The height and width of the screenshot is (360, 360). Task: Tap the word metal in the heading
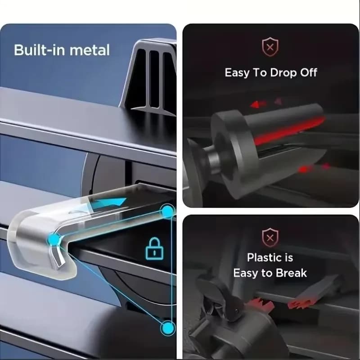coord(90,50)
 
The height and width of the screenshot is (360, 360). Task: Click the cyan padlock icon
coord(154,249)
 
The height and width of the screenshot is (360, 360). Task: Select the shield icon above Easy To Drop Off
coord(270,47)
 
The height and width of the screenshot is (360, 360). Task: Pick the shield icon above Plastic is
coord(270,238)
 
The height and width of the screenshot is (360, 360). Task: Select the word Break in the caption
coord(291,273)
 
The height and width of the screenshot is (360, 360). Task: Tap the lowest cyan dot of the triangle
coord(168,328)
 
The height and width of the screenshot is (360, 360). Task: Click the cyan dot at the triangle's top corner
coord(167,211)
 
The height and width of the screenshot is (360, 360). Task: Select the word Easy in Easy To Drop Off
coord(237,73)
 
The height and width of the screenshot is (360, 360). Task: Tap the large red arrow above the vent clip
coord(257,104)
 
